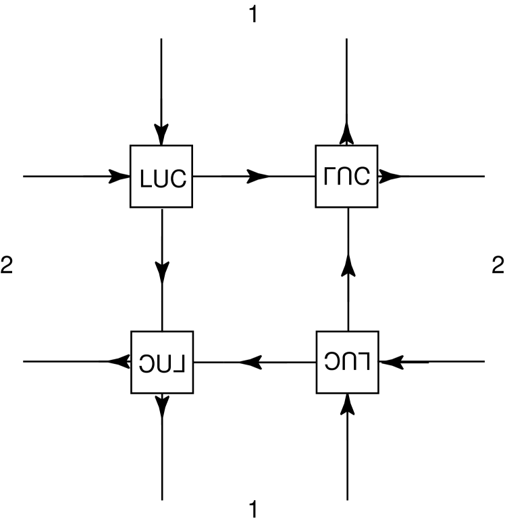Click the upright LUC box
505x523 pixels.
pos(161,177)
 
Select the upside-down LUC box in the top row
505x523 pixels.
pos(347,177)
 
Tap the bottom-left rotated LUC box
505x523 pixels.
pos(161,362)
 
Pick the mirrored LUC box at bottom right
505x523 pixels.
pos(347,362)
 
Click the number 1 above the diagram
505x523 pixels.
pos(253,15)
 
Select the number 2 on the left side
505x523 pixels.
pos(7,266)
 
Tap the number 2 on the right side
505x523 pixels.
pos(498,266)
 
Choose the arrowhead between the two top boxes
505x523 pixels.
pos(257,177)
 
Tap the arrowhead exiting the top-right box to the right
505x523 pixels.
pos(390,177)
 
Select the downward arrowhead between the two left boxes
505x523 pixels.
pos(161,273)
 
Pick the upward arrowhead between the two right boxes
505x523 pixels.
pos(347,266)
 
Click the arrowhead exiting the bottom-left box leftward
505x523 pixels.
pos(118,362)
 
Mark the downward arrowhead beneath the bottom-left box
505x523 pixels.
pos(161,404)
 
